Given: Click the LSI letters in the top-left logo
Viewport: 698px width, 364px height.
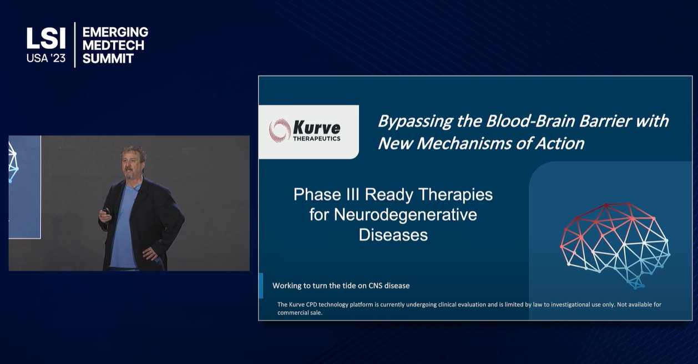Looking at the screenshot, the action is click(x=46, y=38).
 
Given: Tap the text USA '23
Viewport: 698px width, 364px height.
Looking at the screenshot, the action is click(x=46, y=58).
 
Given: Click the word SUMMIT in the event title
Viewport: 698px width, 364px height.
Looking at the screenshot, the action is click(x=108, y=59).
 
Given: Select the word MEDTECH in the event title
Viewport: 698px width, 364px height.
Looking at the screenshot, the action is click(x=113, y=46).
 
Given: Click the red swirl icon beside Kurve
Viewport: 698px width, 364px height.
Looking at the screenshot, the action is click(x=280, y=130).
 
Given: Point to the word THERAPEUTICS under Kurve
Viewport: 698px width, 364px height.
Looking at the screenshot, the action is click(x=317, y=138).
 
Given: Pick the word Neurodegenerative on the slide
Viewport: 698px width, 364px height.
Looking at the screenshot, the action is click(x=406, y=215).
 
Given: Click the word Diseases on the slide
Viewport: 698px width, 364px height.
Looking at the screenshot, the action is click(x=393, y=235).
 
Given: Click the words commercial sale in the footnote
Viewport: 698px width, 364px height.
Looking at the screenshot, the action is click(x=300, y=312).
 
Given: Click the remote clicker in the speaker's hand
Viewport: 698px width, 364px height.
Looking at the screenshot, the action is click(x=107, y=211).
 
